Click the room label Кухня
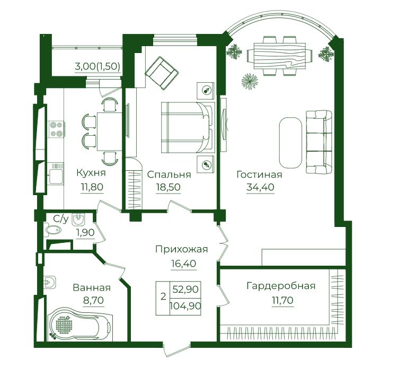coord(91,173)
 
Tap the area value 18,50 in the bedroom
coord(168,187)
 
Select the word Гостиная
coord(260,174)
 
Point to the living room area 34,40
coord(260,187)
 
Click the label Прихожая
coord(182,249)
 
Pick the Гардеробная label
coord(281,286)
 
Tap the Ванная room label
coord(92,288)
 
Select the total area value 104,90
coord(185,305)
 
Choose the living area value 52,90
coord(185,289)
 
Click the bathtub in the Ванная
coord(80,325)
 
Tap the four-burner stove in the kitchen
coord(57,129)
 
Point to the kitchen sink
coord(56,173)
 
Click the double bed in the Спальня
coord(188,127)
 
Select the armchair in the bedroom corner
coord(162,73)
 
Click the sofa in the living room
coord(319,142)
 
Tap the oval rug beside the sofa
coord(291,143)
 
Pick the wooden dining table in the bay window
coord(280,56)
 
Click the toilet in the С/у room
coord(53,230)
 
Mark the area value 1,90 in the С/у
coord(85,232)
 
